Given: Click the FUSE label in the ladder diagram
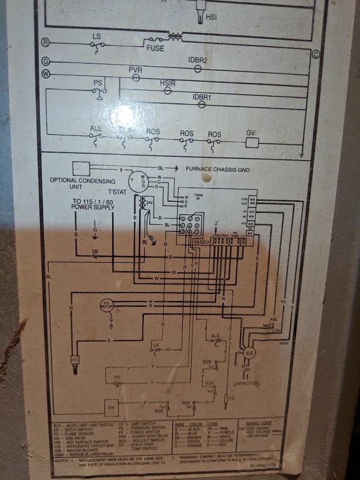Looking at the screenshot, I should [156, 48].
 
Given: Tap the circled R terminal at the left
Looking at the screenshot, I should [46, 41].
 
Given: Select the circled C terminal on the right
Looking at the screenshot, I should [316, 54].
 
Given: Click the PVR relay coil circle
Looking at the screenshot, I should [136, 77].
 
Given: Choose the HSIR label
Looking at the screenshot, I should [167, 83].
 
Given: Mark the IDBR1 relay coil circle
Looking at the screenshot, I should [201, 104].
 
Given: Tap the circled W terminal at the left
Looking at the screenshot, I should [46, 74].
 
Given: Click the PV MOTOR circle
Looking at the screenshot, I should [108, 305].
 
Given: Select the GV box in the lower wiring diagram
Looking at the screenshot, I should [112, 407].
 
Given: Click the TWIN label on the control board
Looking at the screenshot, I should [199, 195].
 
